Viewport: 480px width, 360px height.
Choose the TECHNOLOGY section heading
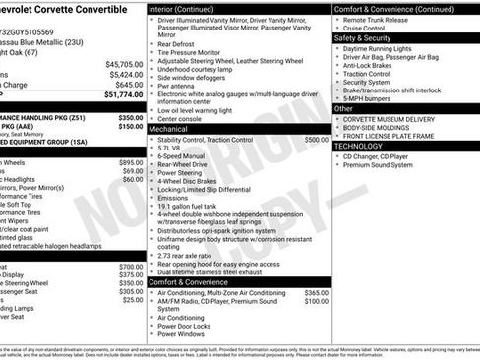tap(359, 146)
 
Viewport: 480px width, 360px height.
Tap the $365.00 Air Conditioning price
tap(317, 293)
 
